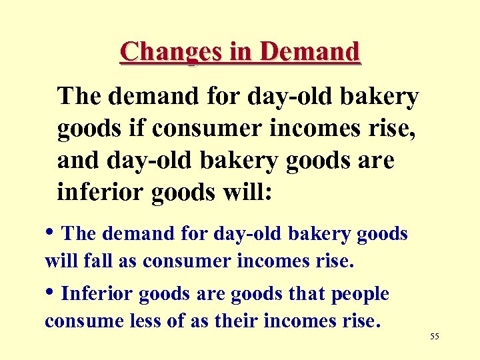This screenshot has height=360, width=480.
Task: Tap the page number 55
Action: [435, 337]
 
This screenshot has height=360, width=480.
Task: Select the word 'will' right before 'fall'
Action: [61, 261]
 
